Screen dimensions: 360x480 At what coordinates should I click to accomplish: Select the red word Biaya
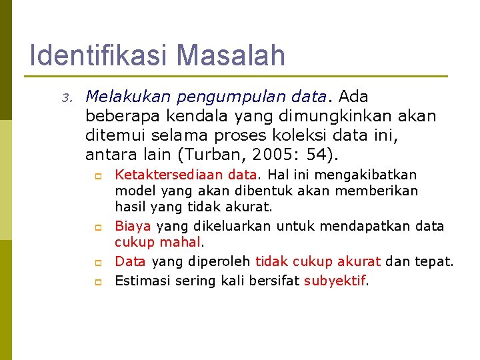(x=133, y=226)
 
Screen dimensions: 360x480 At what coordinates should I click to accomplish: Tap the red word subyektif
(x=335, y=281)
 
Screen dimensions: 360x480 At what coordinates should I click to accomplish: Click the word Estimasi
(x=143, y=281)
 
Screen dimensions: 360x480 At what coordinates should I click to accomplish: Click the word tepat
(x=434, y=261)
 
